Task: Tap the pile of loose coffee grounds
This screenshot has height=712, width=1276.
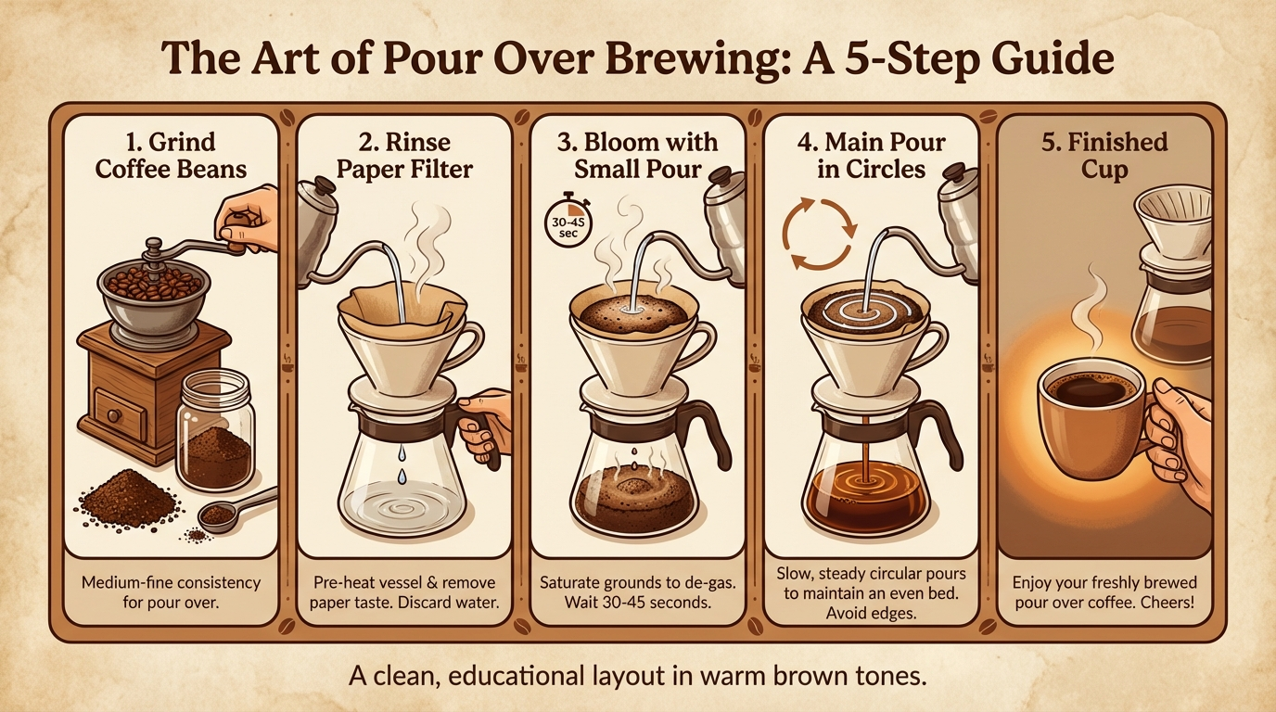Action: point(127,498)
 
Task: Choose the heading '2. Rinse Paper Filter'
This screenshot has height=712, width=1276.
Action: point(403,156)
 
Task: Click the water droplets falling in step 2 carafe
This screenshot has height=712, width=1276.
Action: point(401,463)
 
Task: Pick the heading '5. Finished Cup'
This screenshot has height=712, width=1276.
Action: point(1104,156)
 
